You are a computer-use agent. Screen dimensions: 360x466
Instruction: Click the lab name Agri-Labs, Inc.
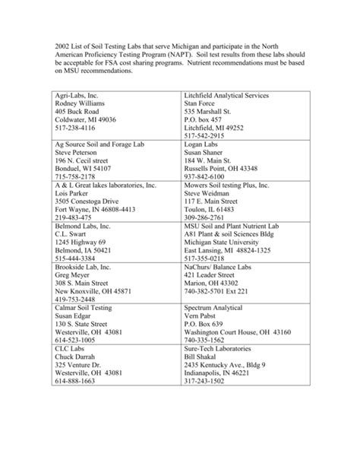pos(77,94)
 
